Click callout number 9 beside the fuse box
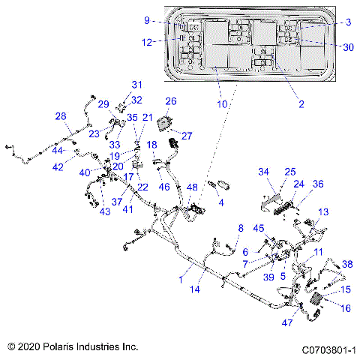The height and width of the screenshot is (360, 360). (148, 20)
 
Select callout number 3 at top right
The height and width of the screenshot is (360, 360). (349, 22)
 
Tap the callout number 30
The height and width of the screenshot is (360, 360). (348, 46)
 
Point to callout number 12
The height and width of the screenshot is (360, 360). (148, 43)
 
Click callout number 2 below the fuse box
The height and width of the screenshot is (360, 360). (301, 104)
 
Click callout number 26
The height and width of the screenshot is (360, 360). (171, 100)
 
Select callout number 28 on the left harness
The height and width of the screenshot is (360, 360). (61, 115)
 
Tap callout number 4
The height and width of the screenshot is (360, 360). (220, 202)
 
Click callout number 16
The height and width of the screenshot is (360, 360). (346, 307)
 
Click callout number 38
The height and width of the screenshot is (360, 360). (347, 263)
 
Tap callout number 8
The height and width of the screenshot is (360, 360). (241, 228)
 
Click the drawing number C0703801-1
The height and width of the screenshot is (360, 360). (328, 349)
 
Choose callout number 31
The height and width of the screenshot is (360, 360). (136, 84)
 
